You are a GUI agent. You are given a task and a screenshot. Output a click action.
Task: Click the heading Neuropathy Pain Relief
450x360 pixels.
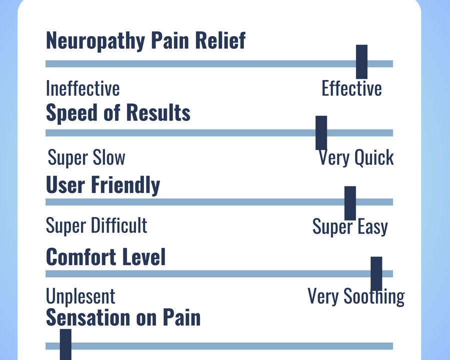pyautogui.click(x=145, y=40)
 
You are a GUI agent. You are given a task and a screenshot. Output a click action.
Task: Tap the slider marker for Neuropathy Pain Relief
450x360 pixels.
pyautogui.click(x=361, y=61)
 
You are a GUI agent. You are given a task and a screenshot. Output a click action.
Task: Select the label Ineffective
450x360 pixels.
pyautogui.click(x=82, y=88)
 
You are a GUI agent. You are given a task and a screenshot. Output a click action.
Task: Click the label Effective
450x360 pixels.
pyautogui.click(x=351, y=88)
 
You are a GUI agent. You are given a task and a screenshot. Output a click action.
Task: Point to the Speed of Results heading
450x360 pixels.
pyautogui.click(x=118, y=113)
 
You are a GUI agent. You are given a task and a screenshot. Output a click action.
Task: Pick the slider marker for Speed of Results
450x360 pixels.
pyautogui.click(x=321, y=132)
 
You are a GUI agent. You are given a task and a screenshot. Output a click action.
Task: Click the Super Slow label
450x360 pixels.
pyautogui.click(x=86, y=158)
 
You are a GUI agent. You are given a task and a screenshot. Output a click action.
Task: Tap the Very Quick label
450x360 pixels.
pyautogui.click(x=356, y=158)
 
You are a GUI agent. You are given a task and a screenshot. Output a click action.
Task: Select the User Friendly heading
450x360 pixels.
pyautogui.click(x=103, y=185)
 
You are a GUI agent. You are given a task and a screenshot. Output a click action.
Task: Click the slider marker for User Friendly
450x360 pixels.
pyautogui.click(x=350, y=202)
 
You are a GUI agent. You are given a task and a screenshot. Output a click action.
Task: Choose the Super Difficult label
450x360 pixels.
pyautogui.click(x=96, y=225)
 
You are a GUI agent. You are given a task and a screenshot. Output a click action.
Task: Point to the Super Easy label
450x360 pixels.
pyautogui.click(x=350, y=227)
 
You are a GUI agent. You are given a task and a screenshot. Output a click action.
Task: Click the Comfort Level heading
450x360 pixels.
pyautogui.click(x=105, y=257)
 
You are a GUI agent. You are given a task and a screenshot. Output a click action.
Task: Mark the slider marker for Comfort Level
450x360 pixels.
pyautogui.click(x=376, y=273)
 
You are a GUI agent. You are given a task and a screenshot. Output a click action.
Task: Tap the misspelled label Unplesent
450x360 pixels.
pyautogui.click(x=80, y=296)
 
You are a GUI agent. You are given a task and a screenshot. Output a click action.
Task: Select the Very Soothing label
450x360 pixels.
pyautogui.click(x=355, y=296)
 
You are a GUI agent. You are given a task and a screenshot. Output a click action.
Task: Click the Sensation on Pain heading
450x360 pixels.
pyautogui.click(x=123, y=318)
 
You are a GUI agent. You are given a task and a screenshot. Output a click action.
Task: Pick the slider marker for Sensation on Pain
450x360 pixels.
pyautogui.click(x=65, y=344)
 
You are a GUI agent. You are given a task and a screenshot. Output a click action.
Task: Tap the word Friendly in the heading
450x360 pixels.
pyautogui.click(x=125, y=185)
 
